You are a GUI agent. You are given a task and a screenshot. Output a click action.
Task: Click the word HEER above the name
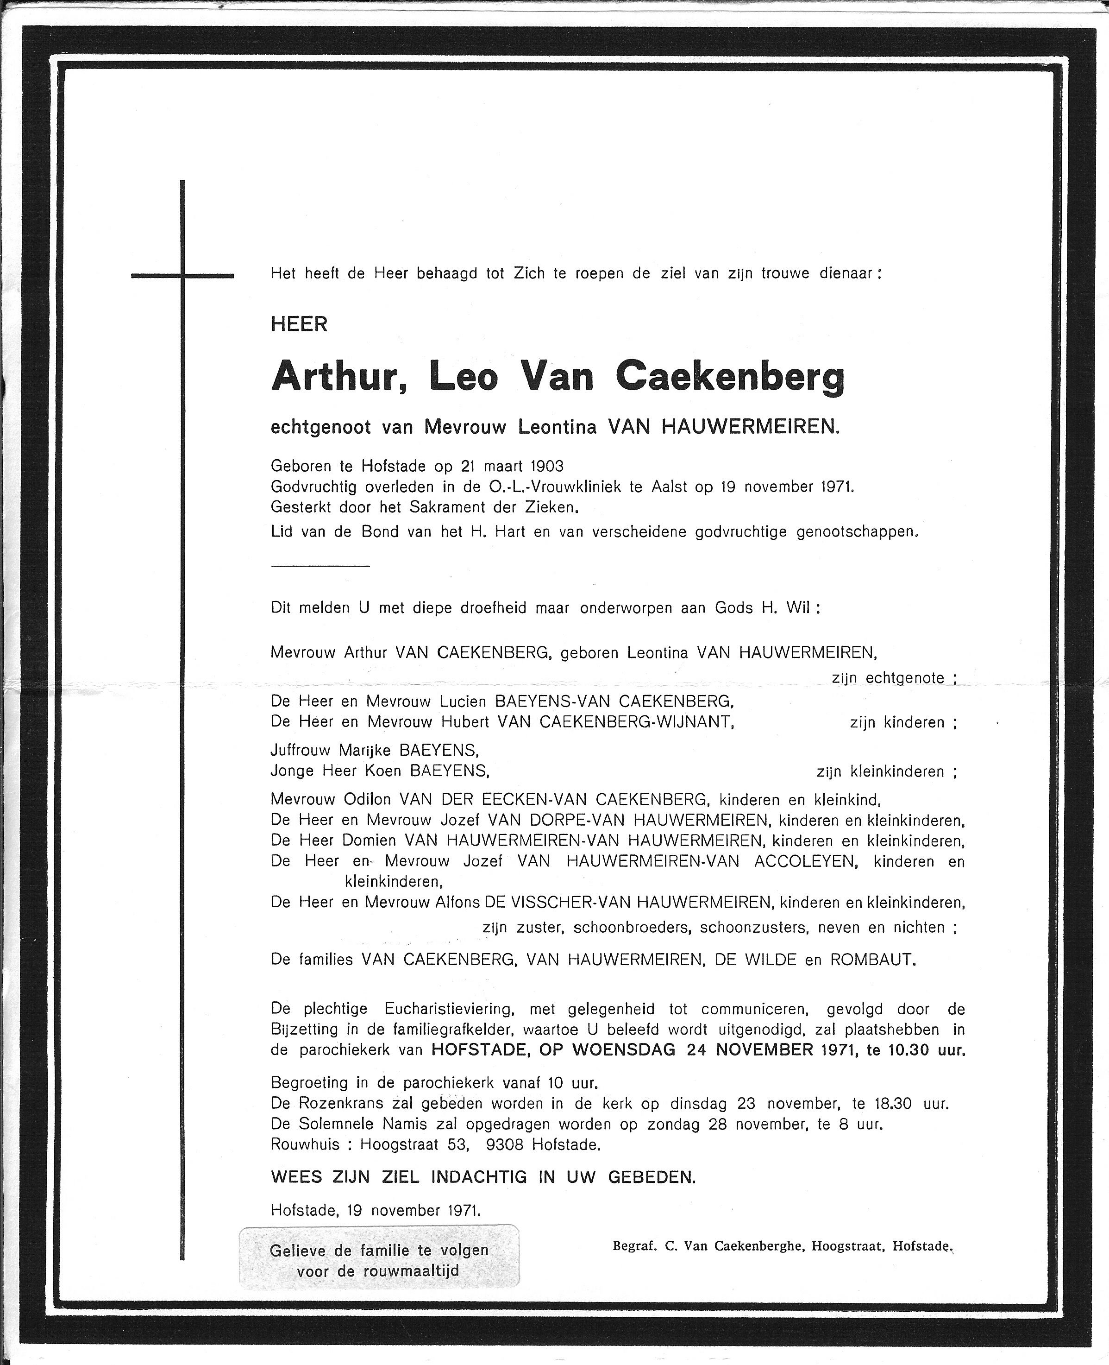point(299,325)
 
